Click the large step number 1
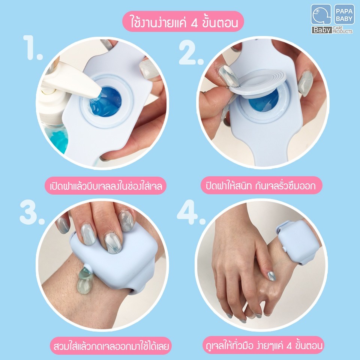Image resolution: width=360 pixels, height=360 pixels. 33,48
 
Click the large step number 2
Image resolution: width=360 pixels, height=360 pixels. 191,53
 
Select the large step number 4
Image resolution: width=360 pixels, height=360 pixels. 191,213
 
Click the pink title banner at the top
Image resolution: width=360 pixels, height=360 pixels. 183,22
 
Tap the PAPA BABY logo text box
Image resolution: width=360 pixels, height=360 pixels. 344,14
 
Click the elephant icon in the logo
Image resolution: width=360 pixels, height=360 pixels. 321,15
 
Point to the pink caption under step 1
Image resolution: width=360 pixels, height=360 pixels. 106,186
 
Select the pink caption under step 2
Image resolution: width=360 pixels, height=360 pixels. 261,185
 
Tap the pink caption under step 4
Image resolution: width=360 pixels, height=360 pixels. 263,345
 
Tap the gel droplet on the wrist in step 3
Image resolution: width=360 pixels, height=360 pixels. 85,280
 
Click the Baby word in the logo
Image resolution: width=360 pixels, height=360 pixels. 321,30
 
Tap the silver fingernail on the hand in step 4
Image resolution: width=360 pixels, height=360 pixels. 271,276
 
